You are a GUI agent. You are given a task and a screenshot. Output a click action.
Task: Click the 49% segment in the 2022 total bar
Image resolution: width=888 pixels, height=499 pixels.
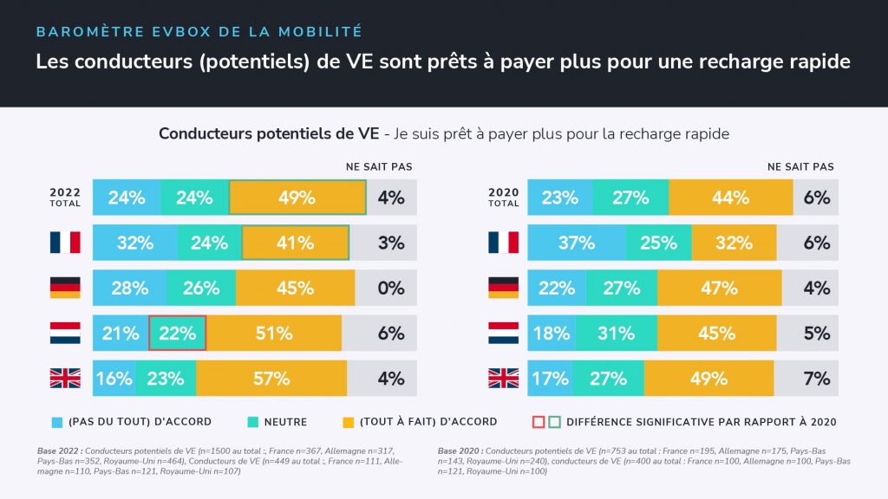point(297,198)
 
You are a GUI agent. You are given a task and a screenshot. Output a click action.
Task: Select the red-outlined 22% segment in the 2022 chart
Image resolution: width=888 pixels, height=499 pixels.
point(178,333)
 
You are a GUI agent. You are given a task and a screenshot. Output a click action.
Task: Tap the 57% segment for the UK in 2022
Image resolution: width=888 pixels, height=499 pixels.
point(271,378)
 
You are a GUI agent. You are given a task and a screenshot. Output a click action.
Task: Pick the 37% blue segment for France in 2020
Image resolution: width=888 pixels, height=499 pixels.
point(577,243)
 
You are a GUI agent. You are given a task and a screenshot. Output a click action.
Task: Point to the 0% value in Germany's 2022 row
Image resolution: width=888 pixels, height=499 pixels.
point(390,288)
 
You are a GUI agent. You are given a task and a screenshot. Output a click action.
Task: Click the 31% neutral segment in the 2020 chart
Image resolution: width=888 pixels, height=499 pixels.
point(616,333)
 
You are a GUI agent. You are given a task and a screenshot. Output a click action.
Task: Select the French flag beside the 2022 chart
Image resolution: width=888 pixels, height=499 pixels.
point(65,243)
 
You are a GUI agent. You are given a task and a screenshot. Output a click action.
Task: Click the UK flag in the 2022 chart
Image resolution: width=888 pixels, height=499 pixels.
point(65,378)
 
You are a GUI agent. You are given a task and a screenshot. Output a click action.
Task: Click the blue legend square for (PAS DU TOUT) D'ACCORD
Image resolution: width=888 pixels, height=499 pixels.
point(57,422)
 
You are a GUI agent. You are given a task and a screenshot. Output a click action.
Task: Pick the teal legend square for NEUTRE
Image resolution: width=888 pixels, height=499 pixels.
point(253,422)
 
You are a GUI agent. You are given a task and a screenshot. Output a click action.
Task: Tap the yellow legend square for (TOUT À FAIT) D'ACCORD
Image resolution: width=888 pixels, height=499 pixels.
point(349,422)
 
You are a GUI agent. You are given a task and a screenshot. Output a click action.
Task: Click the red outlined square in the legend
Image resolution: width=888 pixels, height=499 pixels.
point(537,422)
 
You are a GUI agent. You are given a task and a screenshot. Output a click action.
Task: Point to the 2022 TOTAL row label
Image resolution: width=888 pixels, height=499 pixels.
point(65,198)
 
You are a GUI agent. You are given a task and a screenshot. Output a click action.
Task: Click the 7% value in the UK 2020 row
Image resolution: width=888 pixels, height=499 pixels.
point(816,378)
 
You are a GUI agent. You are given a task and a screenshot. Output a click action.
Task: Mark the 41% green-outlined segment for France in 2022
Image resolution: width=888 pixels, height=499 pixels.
point(295,243)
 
